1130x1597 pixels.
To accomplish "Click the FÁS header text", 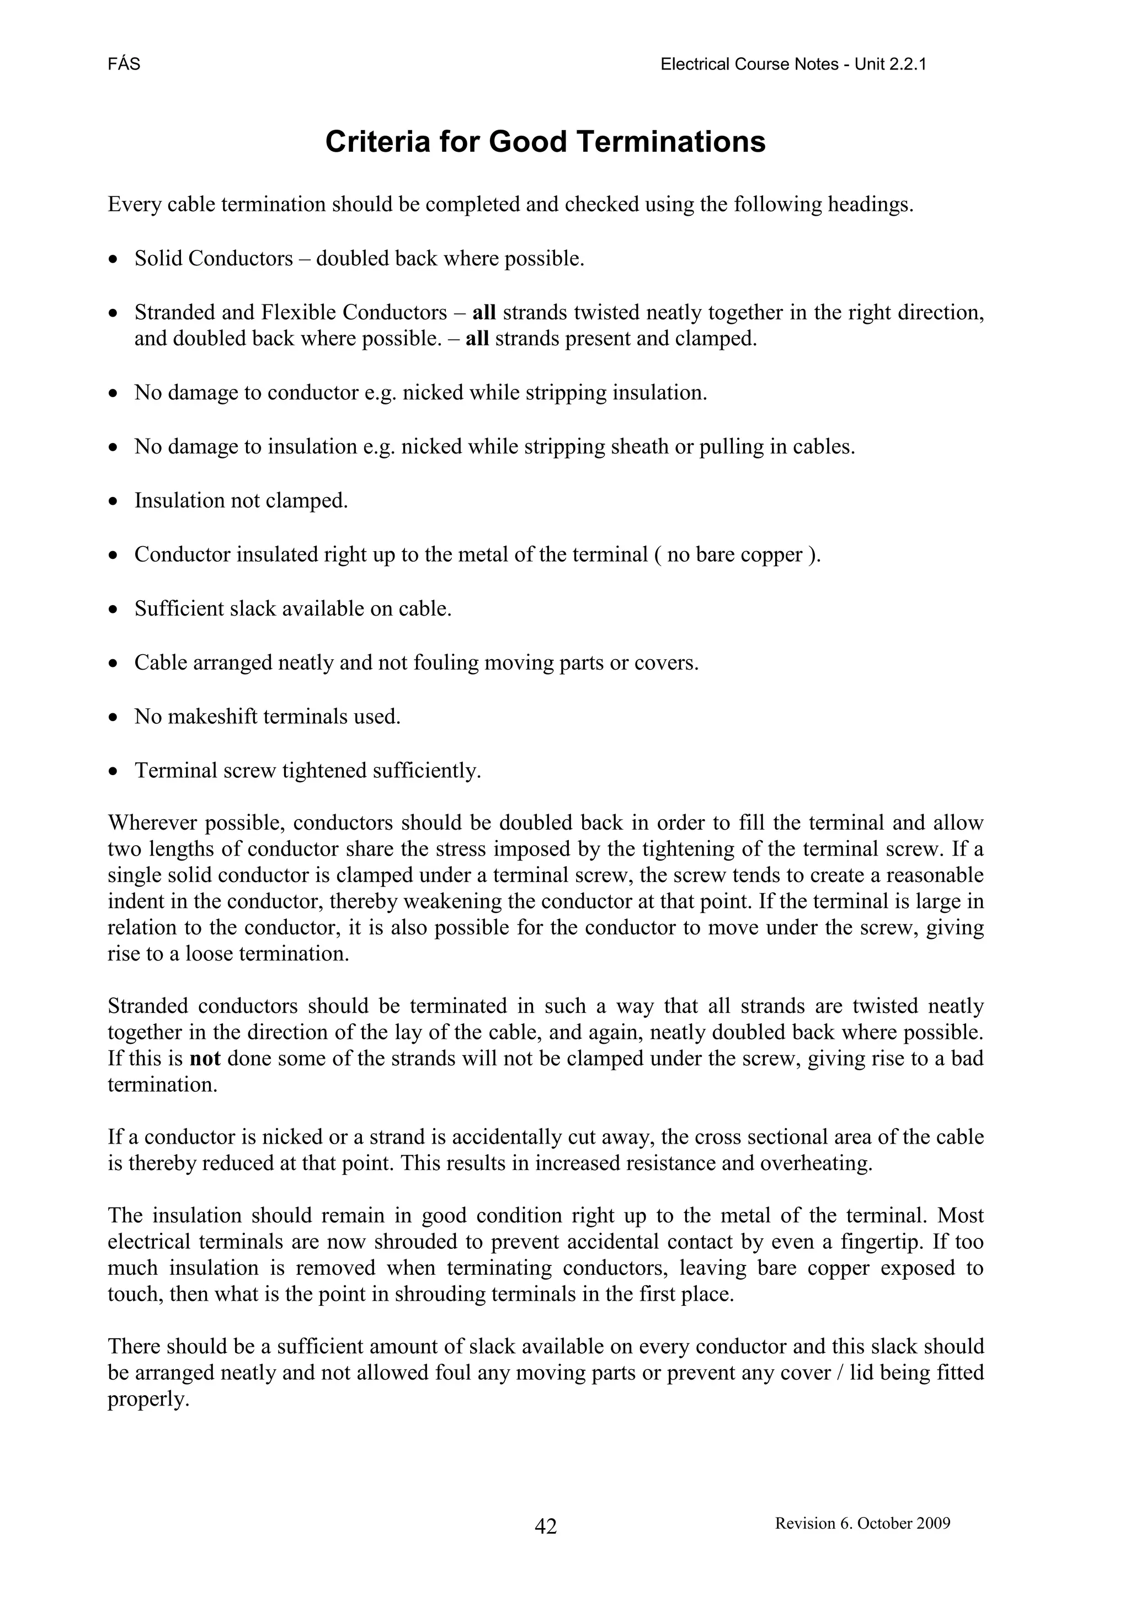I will [x=124, y=65].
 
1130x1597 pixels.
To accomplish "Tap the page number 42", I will [x=546, y=1526].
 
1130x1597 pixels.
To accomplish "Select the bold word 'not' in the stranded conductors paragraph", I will [x=205, y=1059].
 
